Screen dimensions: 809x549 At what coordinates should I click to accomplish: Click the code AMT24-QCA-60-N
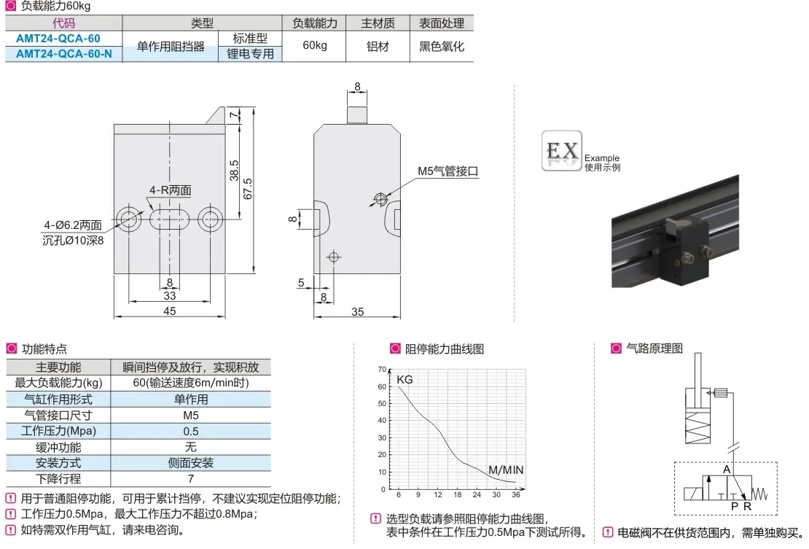(x=64, y=54)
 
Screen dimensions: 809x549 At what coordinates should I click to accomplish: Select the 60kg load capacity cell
(x=315, y=45)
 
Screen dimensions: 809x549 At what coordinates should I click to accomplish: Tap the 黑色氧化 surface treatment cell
(x=442, y=47)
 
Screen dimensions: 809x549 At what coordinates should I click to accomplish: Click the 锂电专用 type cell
(x=250, y=54)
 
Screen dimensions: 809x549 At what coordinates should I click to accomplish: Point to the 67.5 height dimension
(x=248, y=189)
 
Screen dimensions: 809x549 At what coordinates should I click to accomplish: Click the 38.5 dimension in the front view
(x=234, y=171)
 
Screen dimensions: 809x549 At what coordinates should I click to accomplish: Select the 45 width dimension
(x=169, y=311)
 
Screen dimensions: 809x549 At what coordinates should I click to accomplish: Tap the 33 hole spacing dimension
(x=170, y=296)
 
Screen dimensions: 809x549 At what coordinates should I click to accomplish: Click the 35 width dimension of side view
(x=358, y=311)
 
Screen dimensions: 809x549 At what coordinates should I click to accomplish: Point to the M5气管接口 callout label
(x=448, y=171)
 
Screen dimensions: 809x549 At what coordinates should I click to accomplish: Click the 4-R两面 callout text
(x=171, y=190)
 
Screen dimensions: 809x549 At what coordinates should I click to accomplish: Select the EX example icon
(x=562, y=151)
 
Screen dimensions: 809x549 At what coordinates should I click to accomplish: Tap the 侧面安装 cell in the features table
(x=190, y=463)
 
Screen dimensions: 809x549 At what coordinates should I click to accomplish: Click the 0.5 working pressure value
(x=190, y=432)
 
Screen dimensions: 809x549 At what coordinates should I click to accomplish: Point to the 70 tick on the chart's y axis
(x=382, y=370)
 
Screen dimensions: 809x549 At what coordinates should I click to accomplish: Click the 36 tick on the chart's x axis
(x=516, y=495)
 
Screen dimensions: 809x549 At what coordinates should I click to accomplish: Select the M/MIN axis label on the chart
(x=506, y=470)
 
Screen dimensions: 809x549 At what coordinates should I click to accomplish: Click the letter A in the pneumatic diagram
(x=727, y=470)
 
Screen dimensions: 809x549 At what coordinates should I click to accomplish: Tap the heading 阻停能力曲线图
(x=445, y=349)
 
